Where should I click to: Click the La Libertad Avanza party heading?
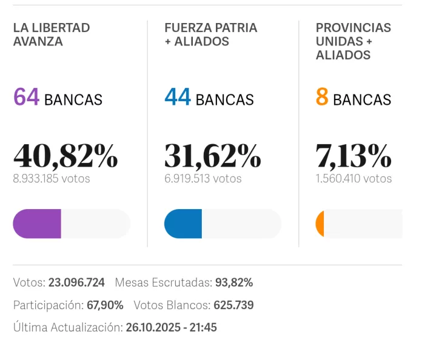[52, 35]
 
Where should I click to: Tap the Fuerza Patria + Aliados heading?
[210, 35]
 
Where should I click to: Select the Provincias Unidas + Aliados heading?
[353, 41]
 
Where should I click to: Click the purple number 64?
[26, 98]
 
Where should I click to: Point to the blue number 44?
[178, 98]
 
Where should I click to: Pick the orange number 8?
[322, 98]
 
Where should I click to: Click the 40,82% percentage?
[65, 156]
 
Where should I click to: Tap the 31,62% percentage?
[213, 156]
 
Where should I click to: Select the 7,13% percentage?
[353, 156]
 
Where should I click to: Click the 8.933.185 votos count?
[52, 179]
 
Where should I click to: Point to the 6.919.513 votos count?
[203, 179]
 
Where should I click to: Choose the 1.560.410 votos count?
[353, 179]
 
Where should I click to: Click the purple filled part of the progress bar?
[37, 224]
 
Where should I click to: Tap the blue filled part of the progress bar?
[183, 224]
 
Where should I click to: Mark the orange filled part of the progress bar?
[320, 224]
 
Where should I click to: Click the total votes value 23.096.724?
[76, 282]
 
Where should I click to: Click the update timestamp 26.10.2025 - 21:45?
[171, 328]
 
